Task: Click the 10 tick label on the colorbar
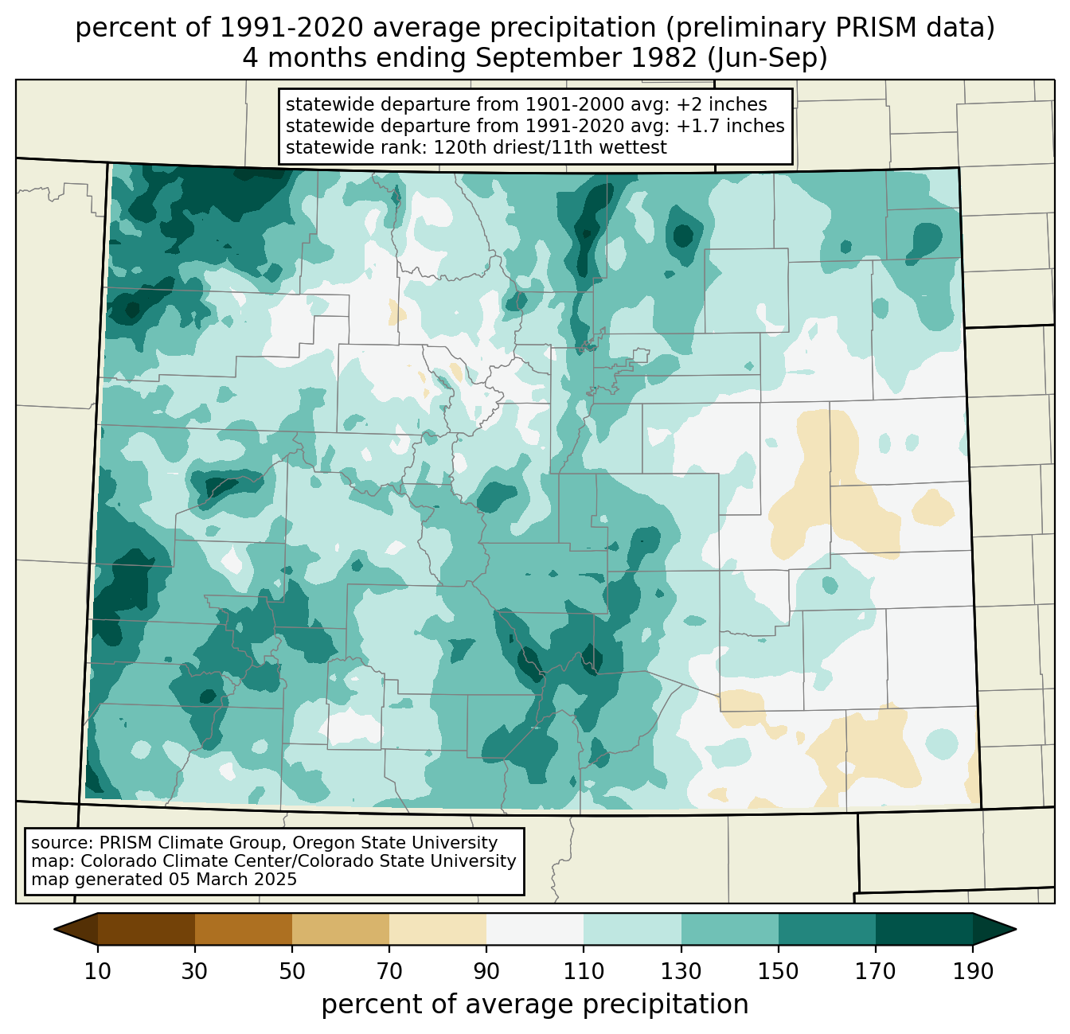tap(98, 972)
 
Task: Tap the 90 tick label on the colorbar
tap(486, 972)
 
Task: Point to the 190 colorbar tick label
tap(973, 972)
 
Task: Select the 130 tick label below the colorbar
tap(681, 972)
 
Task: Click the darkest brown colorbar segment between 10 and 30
tap(146, 929)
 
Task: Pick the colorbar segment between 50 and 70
tap(341, 929)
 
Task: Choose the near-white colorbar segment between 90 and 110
tap(535, 929)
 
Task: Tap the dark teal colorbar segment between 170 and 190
tap(924, 929)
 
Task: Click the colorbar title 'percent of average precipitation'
tap(535, 1005)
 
